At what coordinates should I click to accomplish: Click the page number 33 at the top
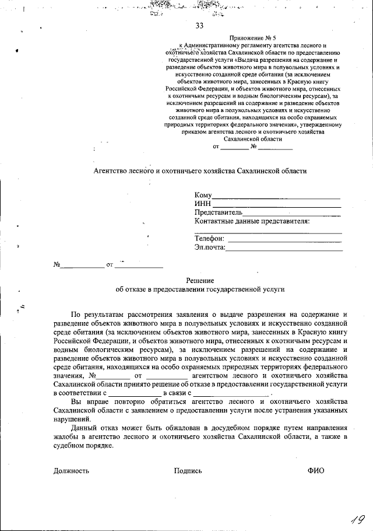[x=200, y=26]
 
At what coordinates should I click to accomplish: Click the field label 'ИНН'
[x=202, y=204]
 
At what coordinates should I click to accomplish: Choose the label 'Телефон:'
[x=209, y=238]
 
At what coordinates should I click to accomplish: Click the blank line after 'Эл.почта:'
[x=284, y=248]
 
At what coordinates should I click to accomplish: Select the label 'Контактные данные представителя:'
[x=252, y=221]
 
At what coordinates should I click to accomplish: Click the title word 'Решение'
[x=200, y=281]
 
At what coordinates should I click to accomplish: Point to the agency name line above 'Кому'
[x=200, y=171]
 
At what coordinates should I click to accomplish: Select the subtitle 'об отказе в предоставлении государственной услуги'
[x=200, y=289]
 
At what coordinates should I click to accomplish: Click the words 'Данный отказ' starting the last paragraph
[x=93, y=428]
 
